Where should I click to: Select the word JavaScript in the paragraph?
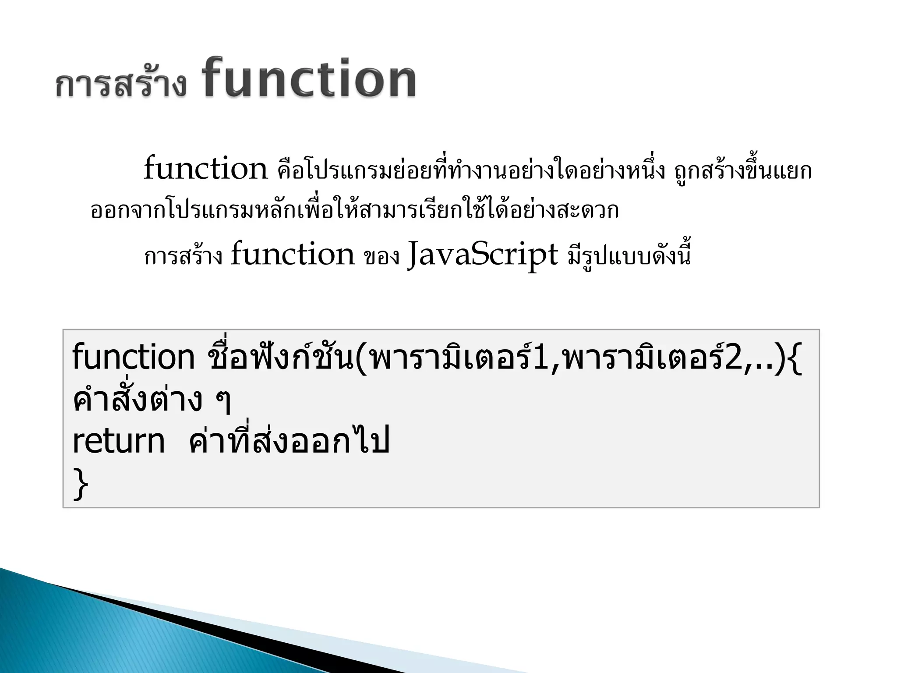(x=483, y=255)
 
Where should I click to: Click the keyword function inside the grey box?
(x=133, y=358)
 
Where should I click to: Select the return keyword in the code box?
(x=118, y=442)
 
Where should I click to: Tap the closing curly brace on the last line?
(x=80, y=483)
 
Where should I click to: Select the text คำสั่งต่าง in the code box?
(x=137, y=400)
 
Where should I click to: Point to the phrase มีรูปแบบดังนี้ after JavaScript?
(x=629, y=256)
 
